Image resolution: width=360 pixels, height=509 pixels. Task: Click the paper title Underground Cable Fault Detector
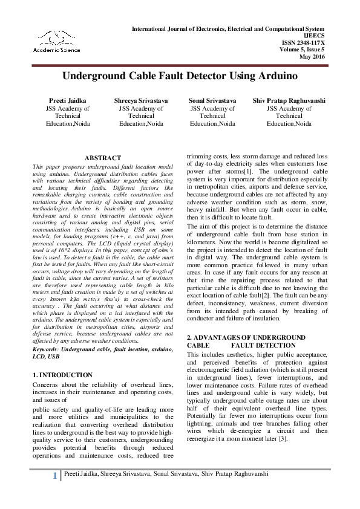(x=179, y=77)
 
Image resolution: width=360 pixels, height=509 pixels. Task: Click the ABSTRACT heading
(x=103, y=157)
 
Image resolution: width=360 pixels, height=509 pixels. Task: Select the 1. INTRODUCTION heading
(x=62, y=375)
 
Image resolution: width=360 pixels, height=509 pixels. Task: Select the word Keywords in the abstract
(x=48, y=349)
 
